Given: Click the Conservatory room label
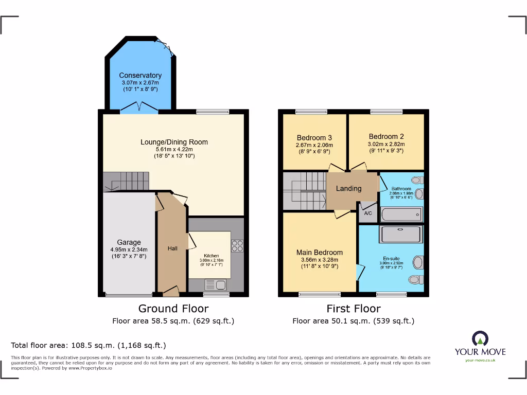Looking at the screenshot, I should coord(140,76).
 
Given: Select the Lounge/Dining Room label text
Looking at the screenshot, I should coord(174,142).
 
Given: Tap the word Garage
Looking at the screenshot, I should coord(128,242).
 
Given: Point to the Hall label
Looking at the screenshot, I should coord(172,248).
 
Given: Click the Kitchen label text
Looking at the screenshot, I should coord(211,256).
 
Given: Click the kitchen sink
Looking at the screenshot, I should coord(215,284).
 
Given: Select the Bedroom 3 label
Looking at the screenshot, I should coord(314,137).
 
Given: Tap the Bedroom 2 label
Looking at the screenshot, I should coord(386,136).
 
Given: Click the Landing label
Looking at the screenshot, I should coord(348,188).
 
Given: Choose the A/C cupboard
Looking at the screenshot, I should coord(368,213).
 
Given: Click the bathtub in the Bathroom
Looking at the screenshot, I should coord(401,214).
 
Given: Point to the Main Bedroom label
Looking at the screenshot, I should coord(319,252).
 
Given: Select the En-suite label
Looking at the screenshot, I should coord(392,259).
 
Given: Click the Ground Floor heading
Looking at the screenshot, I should coord(173,309).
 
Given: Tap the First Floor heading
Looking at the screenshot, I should coord(354,309).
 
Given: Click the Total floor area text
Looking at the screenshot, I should coord(89,345).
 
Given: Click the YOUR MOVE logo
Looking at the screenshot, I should coord(480,345).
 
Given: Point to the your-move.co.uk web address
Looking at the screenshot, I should coord(480,360).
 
